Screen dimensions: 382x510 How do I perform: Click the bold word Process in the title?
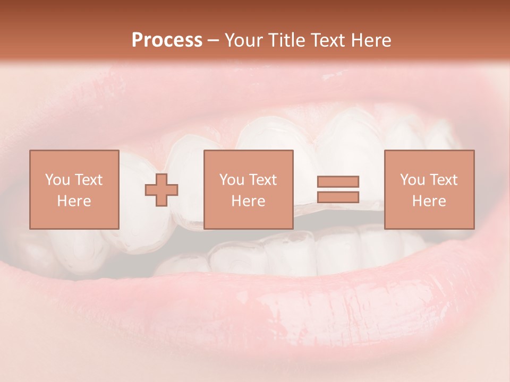click(167, 40)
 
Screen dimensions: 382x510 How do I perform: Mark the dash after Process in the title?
click(214, 41)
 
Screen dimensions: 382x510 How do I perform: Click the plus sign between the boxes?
click(161, 190)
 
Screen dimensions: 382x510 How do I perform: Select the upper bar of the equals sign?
click(338, 181)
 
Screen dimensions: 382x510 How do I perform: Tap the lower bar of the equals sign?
click(338, 197)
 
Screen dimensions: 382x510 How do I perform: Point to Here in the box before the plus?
click(74, 201)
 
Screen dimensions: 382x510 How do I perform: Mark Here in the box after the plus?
click(249, 201)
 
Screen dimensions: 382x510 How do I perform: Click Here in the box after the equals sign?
click(429, 201)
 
